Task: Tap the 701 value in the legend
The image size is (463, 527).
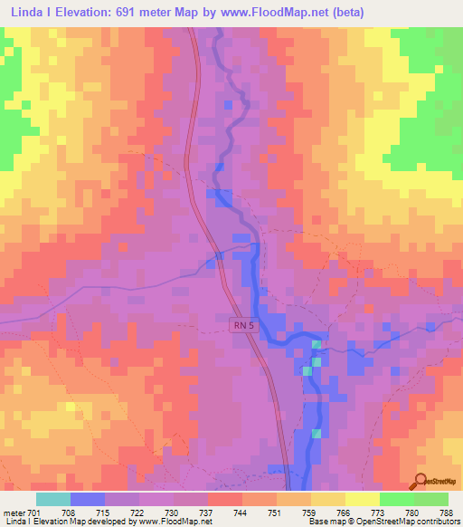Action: click(34, 512)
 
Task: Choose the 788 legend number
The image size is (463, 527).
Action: click(447, 512)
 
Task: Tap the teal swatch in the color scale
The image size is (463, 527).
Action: click(53, 499)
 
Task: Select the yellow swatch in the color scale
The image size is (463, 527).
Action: click(362, 499)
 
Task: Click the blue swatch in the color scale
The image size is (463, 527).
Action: click(88, 499)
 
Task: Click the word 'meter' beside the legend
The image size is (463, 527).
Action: click(14, 512)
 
